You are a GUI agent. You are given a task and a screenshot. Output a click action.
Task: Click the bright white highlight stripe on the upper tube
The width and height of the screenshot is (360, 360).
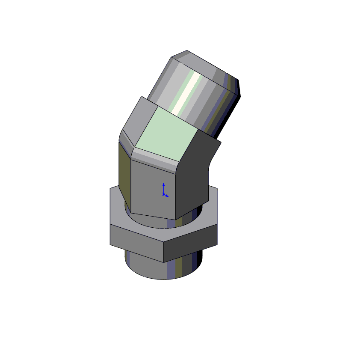pos(186,95)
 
